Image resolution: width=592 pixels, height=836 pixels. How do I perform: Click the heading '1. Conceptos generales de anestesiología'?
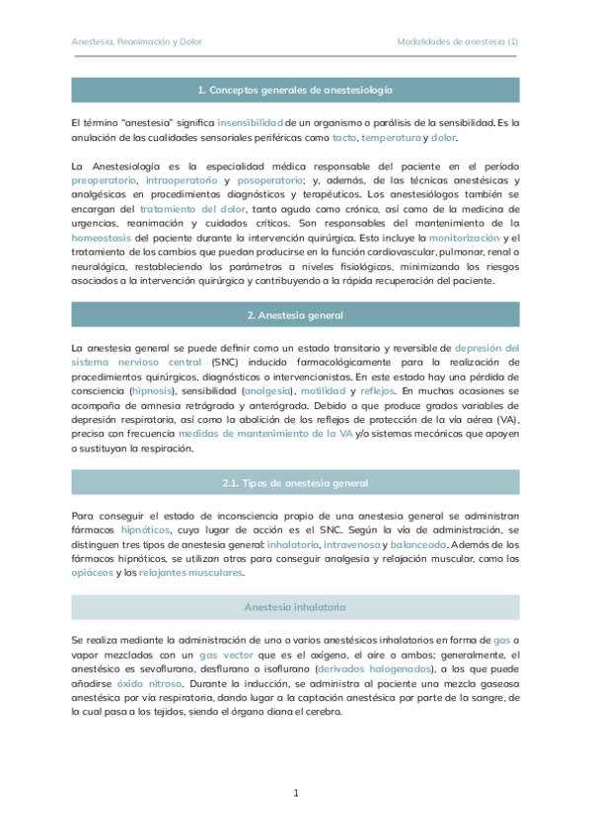tap(295, 90)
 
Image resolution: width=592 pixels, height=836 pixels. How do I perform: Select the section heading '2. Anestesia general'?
tap(295, 314)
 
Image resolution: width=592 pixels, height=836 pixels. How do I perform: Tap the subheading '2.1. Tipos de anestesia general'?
tap(295, 482)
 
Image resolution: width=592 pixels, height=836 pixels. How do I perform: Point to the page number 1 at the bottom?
tap(296, 793)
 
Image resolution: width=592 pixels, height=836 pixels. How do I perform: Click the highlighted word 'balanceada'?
tap(419, 544)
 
